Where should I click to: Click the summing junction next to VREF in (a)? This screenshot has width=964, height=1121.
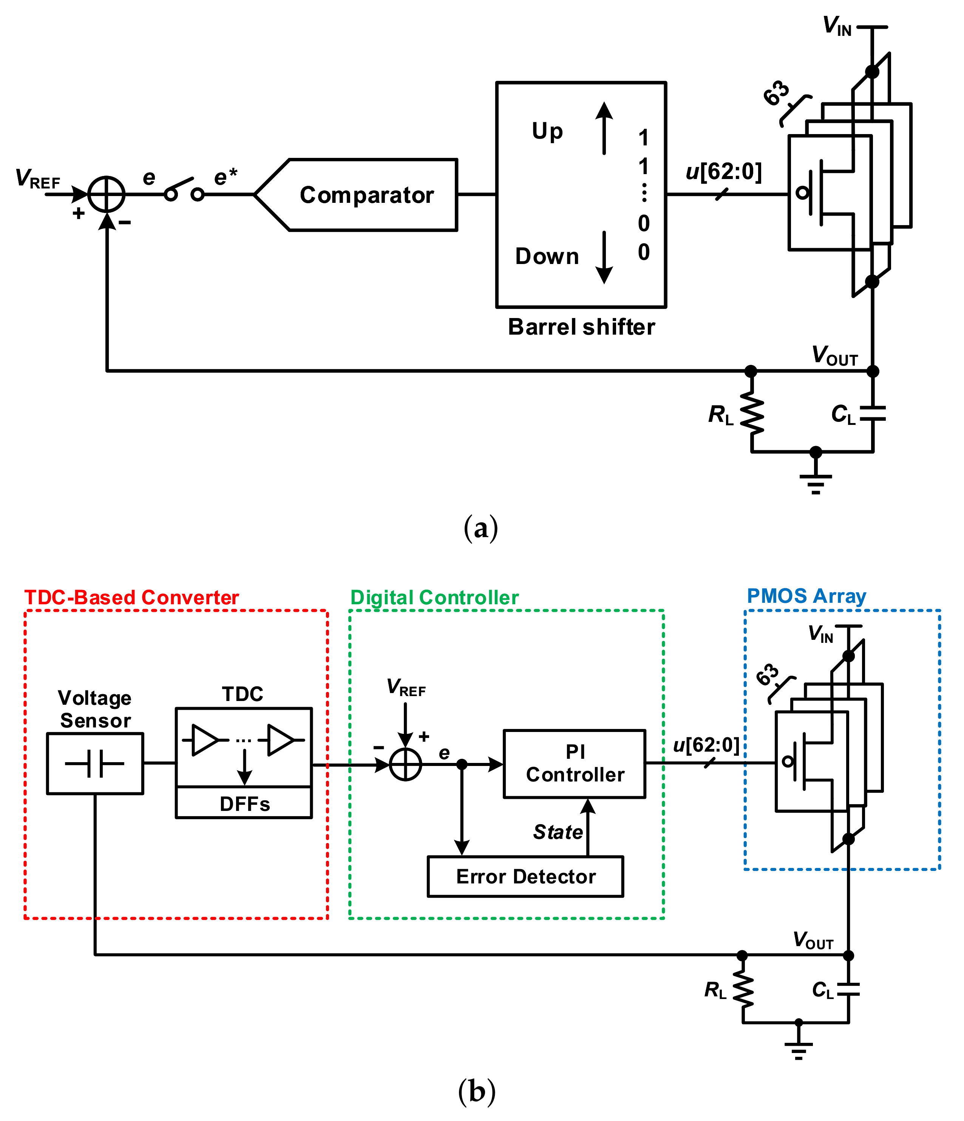tap(107, 194)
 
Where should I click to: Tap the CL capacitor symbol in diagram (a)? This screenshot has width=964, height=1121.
tap(872, 414)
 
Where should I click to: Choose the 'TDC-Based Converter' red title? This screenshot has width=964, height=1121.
tap(131, 597)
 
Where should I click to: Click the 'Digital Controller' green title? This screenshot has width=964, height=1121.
tap(434, 597)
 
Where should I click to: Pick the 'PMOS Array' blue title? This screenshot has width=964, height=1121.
tap(806, 596)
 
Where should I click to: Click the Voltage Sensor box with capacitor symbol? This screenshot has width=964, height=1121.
tap(95, 763)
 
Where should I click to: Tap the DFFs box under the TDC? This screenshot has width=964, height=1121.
tap(244, 803)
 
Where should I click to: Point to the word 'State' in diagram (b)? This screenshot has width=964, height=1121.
tap(558, 832)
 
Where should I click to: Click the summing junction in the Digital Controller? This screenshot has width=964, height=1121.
tap(405, 764)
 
